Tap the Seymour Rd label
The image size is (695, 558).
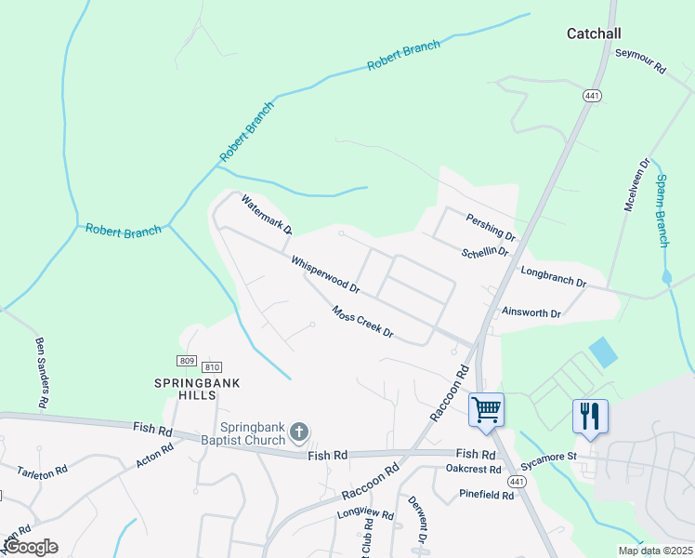tap(641, 62)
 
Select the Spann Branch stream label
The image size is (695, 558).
tap(662, 210)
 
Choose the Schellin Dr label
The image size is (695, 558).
tap(485, 252)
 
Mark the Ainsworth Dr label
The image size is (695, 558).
tap(531, 313)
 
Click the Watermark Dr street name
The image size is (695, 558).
tap(267, 214)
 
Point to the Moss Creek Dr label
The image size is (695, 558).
tap(363, 322)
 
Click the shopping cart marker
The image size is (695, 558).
tap(486, 410)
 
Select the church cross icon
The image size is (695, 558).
tap(298, 431)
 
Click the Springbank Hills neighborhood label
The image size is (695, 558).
tap(185, 388)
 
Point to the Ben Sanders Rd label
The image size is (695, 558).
tap(42, 373)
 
